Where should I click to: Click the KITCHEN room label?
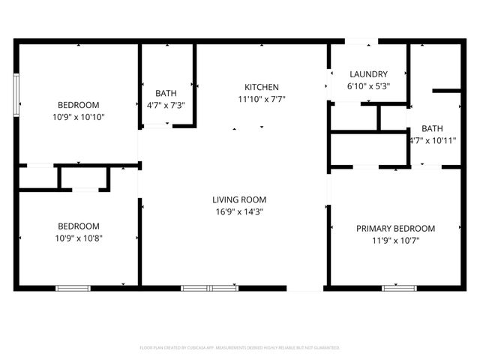(x=262, y=87)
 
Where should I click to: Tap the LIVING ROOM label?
(x=239, y=199)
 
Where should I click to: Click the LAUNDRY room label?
(x=368, y=74)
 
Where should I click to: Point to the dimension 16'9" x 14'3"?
(x=239, y=211)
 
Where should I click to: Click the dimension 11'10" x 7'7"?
(x=262, y=99)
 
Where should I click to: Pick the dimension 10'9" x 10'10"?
(x=79, y=117)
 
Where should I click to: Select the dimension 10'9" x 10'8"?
(x=79, y=238)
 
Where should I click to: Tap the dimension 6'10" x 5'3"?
(x=368, y=86)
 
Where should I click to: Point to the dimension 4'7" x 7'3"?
(x=166, y=106)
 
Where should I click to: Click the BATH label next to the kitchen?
(x=166, y=94)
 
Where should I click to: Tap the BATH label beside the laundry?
(x=432, y=128)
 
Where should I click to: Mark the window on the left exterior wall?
(x=16, y=94)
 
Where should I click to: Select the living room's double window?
(x=209, y=287)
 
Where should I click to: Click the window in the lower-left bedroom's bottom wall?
(x=73, y=287)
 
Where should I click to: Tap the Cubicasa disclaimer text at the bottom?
(x=240, y=348)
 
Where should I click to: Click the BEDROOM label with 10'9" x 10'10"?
(x=79, y=105)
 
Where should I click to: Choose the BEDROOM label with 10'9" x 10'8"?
(x=79, y=226)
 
